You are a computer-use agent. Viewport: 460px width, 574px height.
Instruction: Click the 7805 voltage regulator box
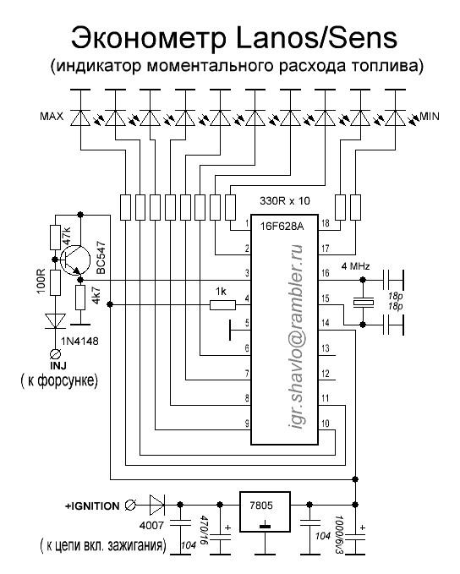pyautogui.click(x=265, y=511)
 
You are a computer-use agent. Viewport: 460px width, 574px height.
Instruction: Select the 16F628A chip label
pyautogui.click(x=282, y=227)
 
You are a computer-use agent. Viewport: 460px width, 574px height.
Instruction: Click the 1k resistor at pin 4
pyautogui.click(x=222, y=304)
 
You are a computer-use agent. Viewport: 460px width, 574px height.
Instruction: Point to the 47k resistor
pyautogui.click(x=55, y=238)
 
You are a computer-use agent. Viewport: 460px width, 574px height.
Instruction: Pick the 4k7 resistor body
pyautogui.click(x=80, y=298)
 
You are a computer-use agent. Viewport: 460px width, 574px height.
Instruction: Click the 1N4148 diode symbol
pyautogui.click(x=55, y=321)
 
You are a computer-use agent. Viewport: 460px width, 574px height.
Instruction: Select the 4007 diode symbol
pyautogui.click(x=156, y=505)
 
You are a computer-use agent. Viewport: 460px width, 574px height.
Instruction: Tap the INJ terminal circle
pyautogui.click(x=55, y=354)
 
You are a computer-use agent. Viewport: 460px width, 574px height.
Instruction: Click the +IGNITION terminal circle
pyautogui.click(x=130, y=506)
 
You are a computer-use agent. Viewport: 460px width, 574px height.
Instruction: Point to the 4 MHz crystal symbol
pyautogui.click(x=363, y=303)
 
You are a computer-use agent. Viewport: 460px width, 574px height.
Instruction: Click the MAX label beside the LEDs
pyautogui.click(x=52, y=117)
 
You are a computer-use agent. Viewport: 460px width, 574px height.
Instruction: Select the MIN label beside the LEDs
pyautogui.click(x=430, y=117)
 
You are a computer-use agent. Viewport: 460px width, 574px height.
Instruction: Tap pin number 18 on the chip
pyautogui.click(x=325, y=223)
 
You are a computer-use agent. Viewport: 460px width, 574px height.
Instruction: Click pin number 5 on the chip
pyautogui.click(x=247, y=323)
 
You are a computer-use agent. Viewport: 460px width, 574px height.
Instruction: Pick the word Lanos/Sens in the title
pyautogui.click(x=317, y=37)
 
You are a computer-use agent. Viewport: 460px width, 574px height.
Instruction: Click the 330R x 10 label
pyautogui.click(x=285, y=200)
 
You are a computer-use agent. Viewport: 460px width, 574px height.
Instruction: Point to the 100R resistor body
pyautogui.click(x=55, y=282)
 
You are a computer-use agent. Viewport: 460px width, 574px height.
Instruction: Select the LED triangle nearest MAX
pyautogui.click(x=80, y=118)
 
